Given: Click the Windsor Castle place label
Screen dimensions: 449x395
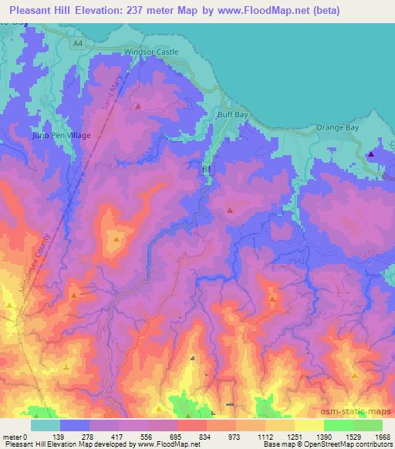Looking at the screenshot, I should click(151, 52).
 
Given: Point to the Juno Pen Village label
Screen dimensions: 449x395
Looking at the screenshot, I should click(61, 135).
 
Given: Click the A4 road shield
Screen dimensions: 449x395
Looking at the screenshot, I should click(76, 43).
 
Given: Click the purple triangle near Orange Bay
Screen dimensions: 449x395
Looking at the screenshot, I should click(371, 154).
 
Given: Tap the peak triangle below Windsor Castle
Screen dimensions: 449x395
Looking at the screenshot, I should click(138, 106).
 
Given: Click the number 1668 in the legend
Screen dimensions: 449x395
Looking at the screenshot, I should click(373, 437).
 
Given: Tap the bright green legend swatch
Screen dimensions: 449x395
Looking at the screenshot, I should click(339, 425).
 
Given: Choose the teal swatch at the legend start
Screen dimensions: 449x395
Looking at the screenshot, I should click(46, 425).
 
